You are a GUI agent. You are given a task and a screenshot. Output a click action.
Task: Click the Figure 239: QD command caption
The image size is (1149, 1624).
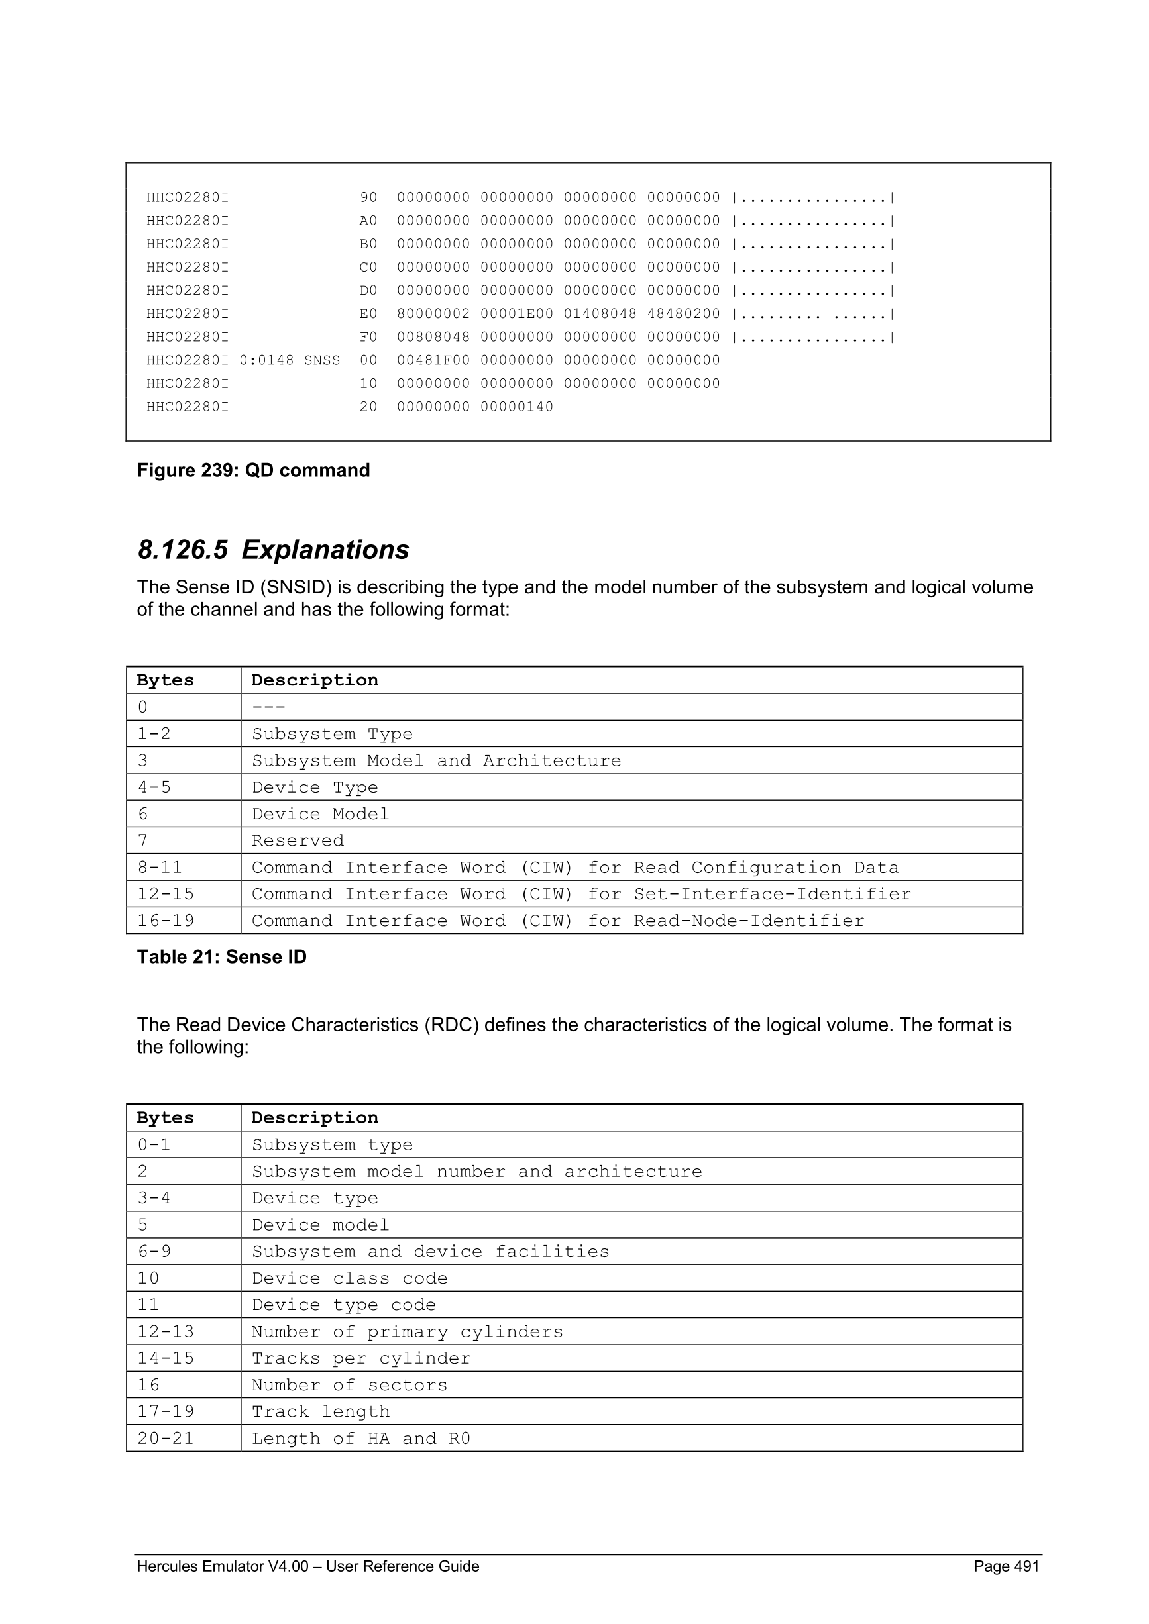[x=253, y=470]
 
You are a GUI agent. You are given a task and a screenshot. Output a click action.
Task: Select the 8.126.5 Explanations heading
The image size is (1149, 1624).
[x=273, y=550]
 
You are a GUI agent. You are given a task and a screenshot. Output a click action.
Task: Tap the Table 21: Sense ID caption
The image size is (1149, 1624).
[x=221, y=957]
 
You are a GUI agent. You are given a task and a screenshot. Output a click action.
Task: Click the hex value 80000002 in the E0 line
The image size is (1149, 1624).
[x=433, y=313]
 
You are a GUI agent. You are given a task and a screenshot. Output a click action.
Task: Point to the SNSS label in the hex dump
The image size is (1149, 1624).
[x=322, y=360]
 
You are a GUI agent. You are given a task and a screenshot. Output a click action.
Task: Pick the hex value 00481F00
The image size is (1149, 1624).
[x=433, y=360]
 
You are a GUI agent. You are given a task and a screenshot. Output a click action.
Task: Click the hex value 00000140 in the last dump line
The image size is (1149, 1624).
[x=516, y=407]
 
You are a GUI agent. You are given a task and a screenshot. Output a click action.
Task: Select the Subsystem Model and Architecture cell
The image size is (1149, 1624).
[x=436, y=760]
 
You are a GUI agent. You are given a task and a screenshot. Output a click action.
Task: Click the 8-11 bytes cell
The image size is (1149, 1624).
[x=159, y=867]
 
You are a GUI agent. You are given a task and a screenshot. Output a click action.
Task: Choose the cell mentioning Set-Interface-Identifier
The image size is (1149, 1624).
[x=581, y=894]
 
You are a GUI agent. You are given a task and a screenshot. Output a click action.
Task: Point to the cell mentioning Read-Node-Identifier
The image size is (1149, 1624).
[x=557, y=921]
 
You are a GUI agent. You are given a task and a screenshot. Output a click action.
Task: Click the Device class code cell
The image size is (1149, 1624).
[x=349, y=1278]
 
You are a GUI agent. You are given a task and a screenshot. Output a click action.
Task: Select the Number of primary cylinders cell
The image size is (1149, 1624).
[x=408, y=1332]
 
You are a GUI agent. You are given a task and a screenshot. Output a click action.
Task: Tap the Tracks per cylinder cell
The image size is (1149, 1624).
[x=361, y=1358]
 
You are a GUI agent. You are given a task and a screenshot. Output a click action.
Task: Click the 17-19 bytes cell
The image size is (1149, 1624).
[x=166, y=1412]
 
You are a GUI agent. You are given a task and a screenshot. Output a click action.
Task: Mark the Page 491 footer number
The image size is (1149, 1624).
[x=1006, y=1566]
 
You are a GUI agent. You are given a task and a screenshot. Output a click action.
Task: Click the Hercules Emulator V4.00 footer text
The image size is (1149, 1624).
[x=307, y=1566]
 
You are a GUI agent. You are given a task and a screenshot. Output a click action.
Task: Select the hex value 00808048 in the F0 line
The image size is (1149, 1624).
[x=433, y=336]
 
